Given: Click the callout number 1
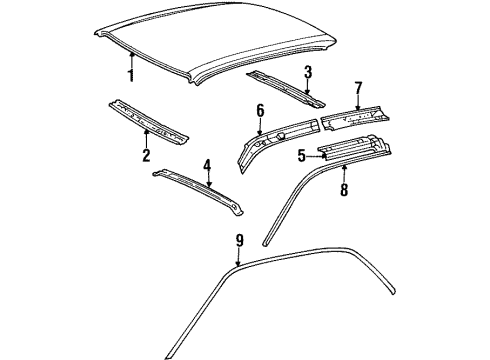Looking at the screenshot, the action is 131,75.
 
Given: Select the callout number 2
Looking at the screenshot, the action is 146,155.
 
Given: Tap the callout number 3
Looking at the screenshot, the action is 308,72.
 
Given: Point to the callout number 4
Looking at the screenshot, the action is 207,166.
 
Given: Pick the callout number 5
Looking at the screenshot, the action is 302,156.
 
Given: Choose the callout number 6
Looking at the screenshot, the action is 260,111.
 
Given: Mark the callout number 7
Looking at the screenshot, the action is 358,88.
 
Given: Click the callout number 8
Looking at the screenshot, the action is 344,190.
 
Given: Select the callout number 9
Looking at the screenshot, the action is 239,240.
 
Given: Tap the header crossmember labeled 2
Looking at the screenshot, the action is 149,122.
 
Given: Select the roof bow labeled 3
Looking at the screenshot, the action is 286,89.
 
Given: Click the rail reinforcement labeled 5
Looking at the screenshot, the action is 354,148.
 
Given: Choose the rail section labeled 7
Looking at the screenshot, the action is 355,118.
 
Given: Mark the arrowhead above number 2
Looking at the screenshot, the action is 146,132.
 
